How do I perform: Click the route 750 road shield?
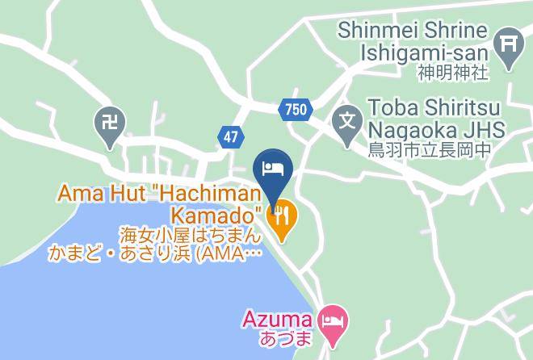pyautogui.click(x=296, y=109)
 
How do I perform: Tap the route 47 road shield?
pyautogui.click(x=231, y=137)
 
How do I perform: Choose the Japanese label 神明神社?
pyautogui.click(x=453, y=73)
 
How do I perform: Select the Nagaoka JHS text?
pyautogui.click(x=437, y=129)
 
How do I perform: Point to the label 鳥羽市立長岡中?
pyautogui.click(x=436, y=149)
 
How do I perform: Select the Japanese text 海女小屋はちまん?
pyautogui.click(x=191, y=236)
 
